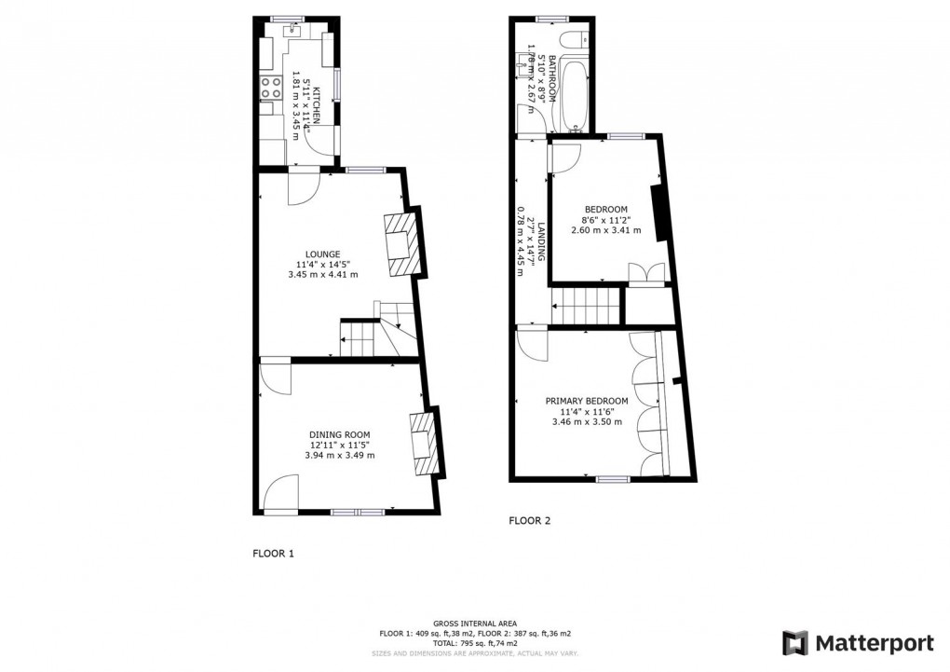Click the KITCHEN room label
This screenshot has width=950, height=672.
coord(317,106)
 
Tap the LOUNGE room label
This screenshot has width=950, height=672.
coord(322,254)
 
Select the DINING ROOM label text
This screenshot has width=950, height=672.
coord(340,434)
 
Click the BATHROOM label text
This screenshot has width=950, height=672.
coord(552,78)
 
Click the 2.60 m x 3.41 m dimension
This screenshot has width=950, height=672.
coord(605,230)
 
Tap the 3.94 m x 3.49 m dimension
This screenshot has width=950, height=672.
coord(340,456)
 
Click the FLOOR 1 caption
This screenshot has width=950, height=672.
coord(274,553)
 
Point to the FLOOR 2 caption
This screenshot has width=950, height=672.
coord(530,521)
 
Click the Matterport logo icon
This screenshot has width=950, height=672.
coord(794,643)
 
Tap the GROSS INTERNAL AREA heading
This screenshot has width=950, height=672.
coord(475,624)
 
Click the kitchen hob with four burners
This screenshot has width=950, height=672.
coord(271,89)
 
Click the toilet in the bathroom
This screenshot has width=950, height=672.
coord(577,39)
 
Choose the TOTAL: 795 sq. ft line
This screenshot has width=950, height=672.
coord(475,644)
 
